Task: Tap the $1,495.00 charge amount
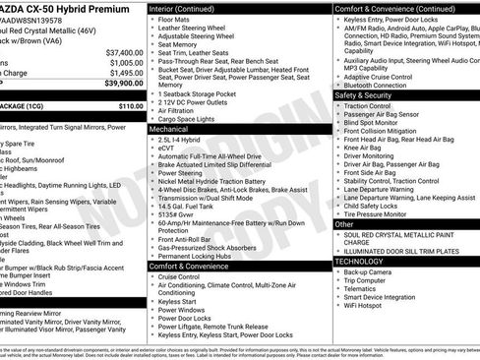[126, 73]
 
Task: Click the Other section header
[345, 224]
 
